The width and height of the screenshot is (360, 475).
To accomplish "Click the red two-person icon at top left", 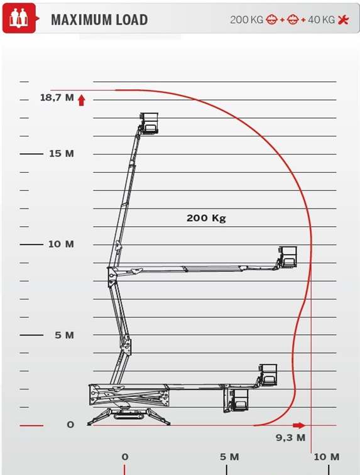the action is (19, 18).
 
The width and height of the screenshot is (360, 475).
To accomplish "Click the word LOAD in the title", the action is (128, 20).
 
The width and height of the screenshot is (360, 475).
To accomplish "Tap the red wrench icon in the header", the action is (343, 20).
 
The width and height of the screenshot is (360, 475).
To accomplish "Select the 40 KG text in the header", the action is (321, 20).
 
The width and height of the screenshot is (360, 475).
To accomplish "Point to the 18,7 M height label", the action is (57, 97).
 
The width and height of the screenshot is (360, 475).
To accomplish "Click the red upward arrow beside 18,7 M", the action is (81, 101).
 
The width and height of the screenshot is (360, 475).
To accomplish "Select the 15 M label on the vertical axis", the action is (62, 153).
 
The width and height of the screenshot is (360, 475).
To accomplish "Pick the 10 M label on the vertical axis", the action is (61, 244).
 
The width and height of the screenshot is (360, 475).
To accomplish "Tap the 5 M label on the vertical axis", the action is (64, 335).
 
